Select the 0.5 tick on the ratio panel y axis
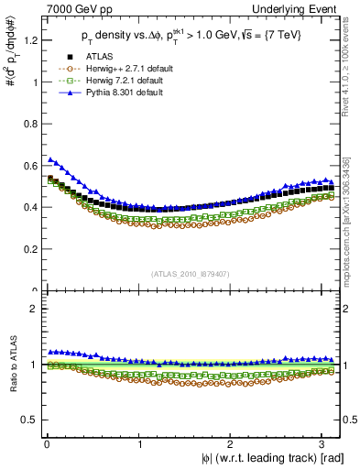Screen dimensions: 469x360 tap(28, 420)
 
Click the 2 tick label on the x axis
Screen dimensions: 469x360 tap(234, 444)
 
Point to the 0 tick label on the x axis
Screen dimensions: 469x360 tap(46, 444)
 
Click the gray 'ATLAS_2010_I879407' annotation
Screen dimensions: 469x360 tap(191, 272)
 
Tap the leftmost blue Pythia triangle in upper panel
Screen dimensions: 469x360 tap(50, 159)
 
